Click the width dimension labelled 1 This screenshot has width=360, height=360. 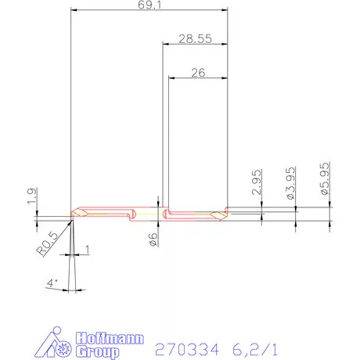88,250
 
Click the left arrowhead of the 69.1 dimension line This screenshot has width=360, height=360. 74,12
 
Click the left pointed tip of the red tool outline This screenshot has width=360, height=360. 71,213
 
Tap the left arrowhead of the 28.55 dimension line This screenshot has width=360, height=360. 165,45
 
